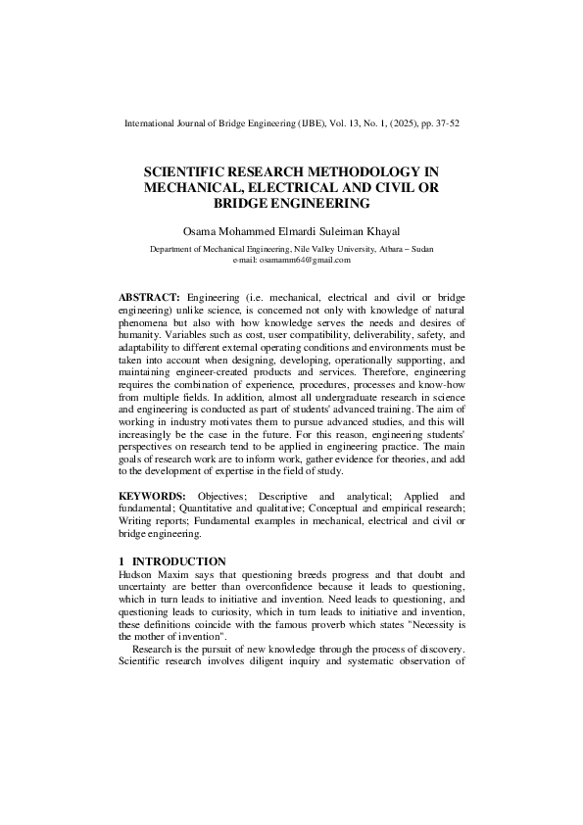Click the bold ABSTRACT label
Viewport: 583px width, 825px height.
(149, 296)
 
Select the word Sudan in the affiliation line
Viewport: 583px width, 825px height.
(421, 249)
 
